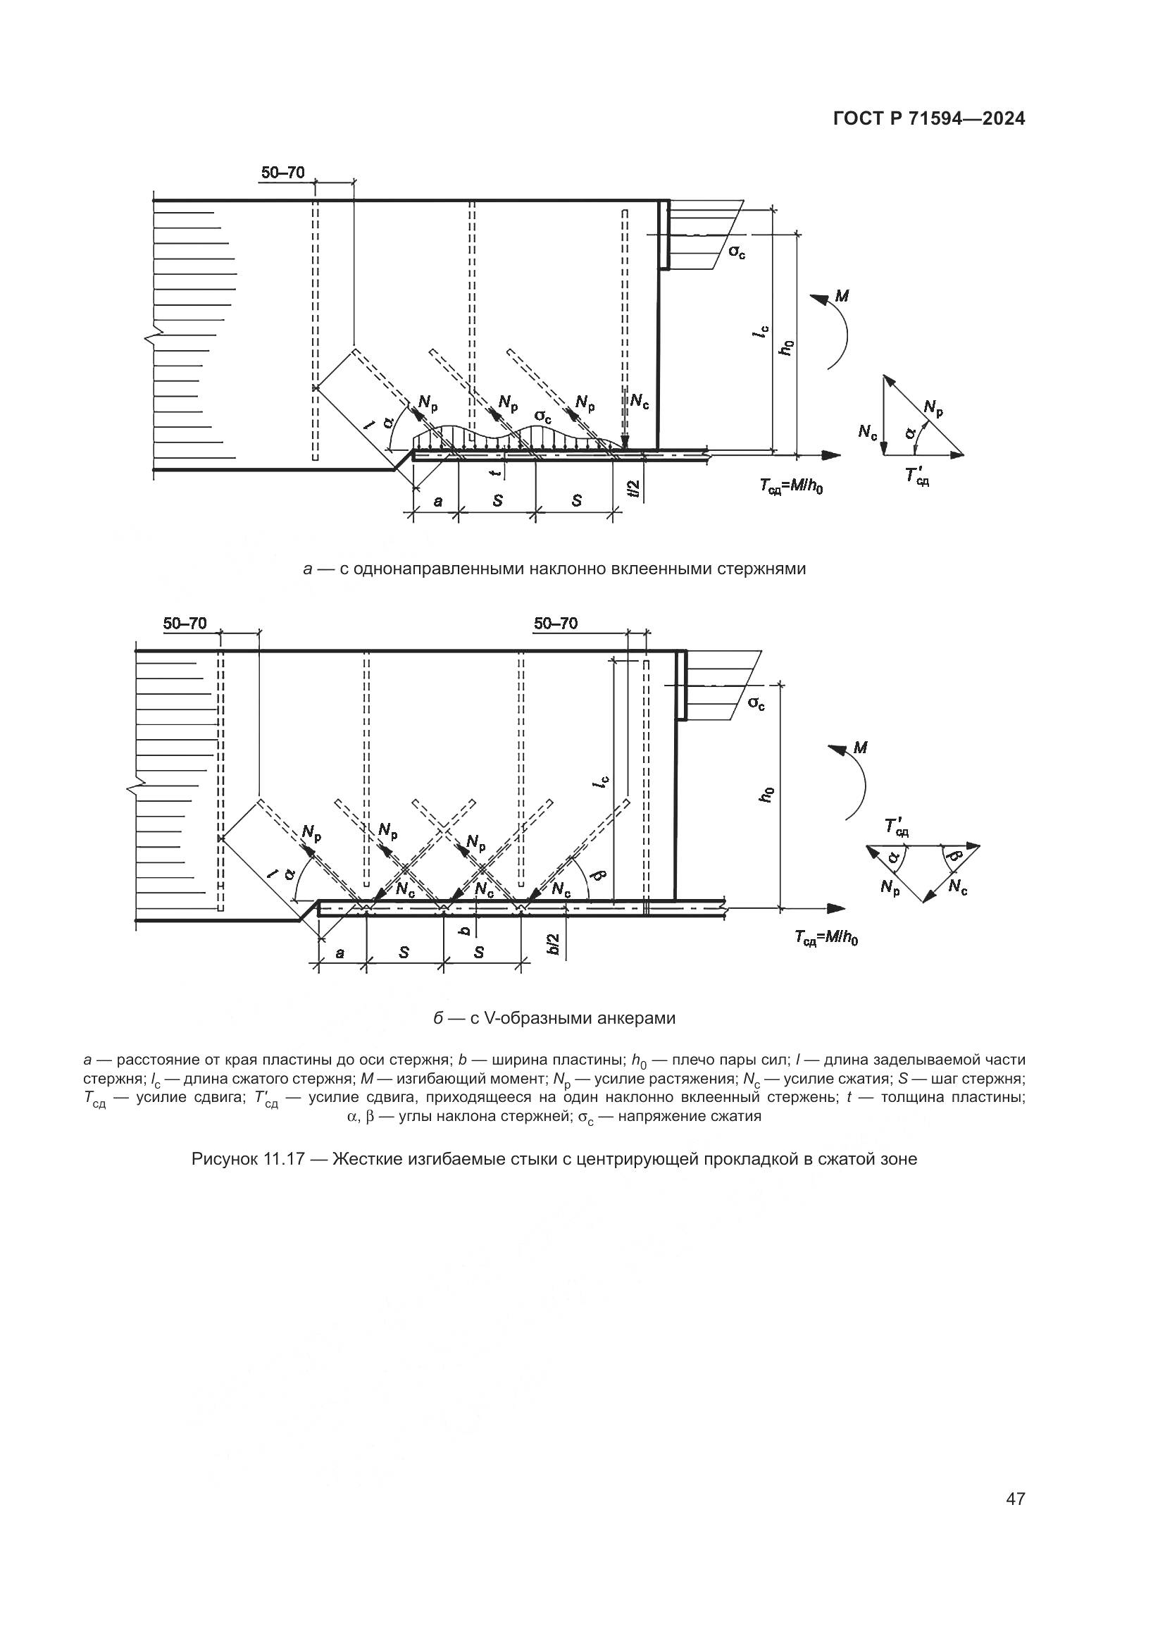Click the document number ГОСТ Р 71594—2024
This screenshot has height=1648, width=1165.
(928, 119)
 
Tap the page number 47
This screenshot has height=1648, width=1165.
(1015, 1478)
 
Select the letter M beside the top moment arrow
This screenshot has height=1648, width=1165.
(842, 295)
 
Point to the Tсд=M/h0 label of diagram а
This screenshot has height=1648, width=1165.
(791, 487)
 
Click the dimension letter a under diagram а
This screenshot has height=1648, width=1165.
(437, 501)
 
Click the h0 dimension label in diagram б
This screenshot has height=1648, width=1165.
(768, 795)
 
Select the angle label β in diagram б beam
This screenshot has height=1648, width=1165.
(601, 875)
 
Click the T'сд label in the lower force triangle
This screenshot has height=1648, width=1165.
(897, 827)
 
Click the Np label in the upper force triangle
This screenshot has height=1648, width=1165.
(933, 408)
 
